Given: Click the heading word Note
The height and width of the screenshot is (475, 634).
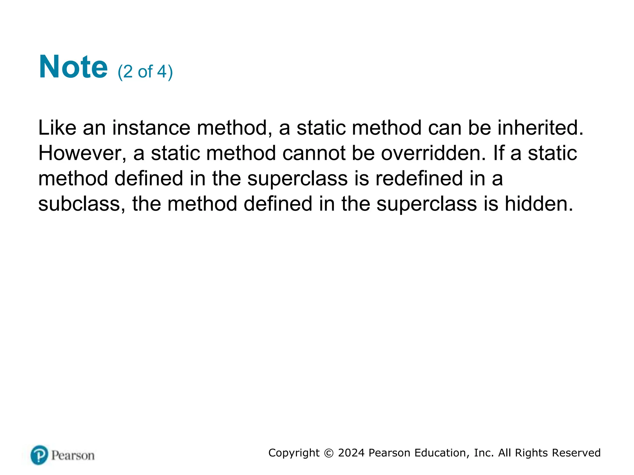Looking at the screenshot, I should tap(73, 67).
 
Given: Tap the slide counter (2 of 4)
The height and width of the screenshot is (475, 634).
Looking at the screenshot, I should tap(145, 72).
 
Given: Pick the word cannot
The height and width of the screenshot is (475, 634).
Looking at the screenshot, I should tap(314, 153).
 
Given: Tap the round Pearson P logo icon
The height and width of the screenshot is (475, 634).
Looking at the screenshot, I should tap(39, 455).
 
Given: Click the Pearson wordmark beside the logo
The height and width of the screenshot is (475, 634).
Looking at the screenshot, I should tap(73, 456).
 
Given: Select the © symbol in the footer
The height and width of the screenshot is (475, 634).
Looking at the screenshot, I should tap(329, 453).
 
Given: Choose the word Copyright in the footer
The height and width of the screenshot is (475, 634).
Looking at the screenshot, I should tap(294, 453).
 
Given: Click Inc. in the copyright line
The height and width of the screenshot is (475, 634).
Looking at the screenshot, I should tap(484, 453).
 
